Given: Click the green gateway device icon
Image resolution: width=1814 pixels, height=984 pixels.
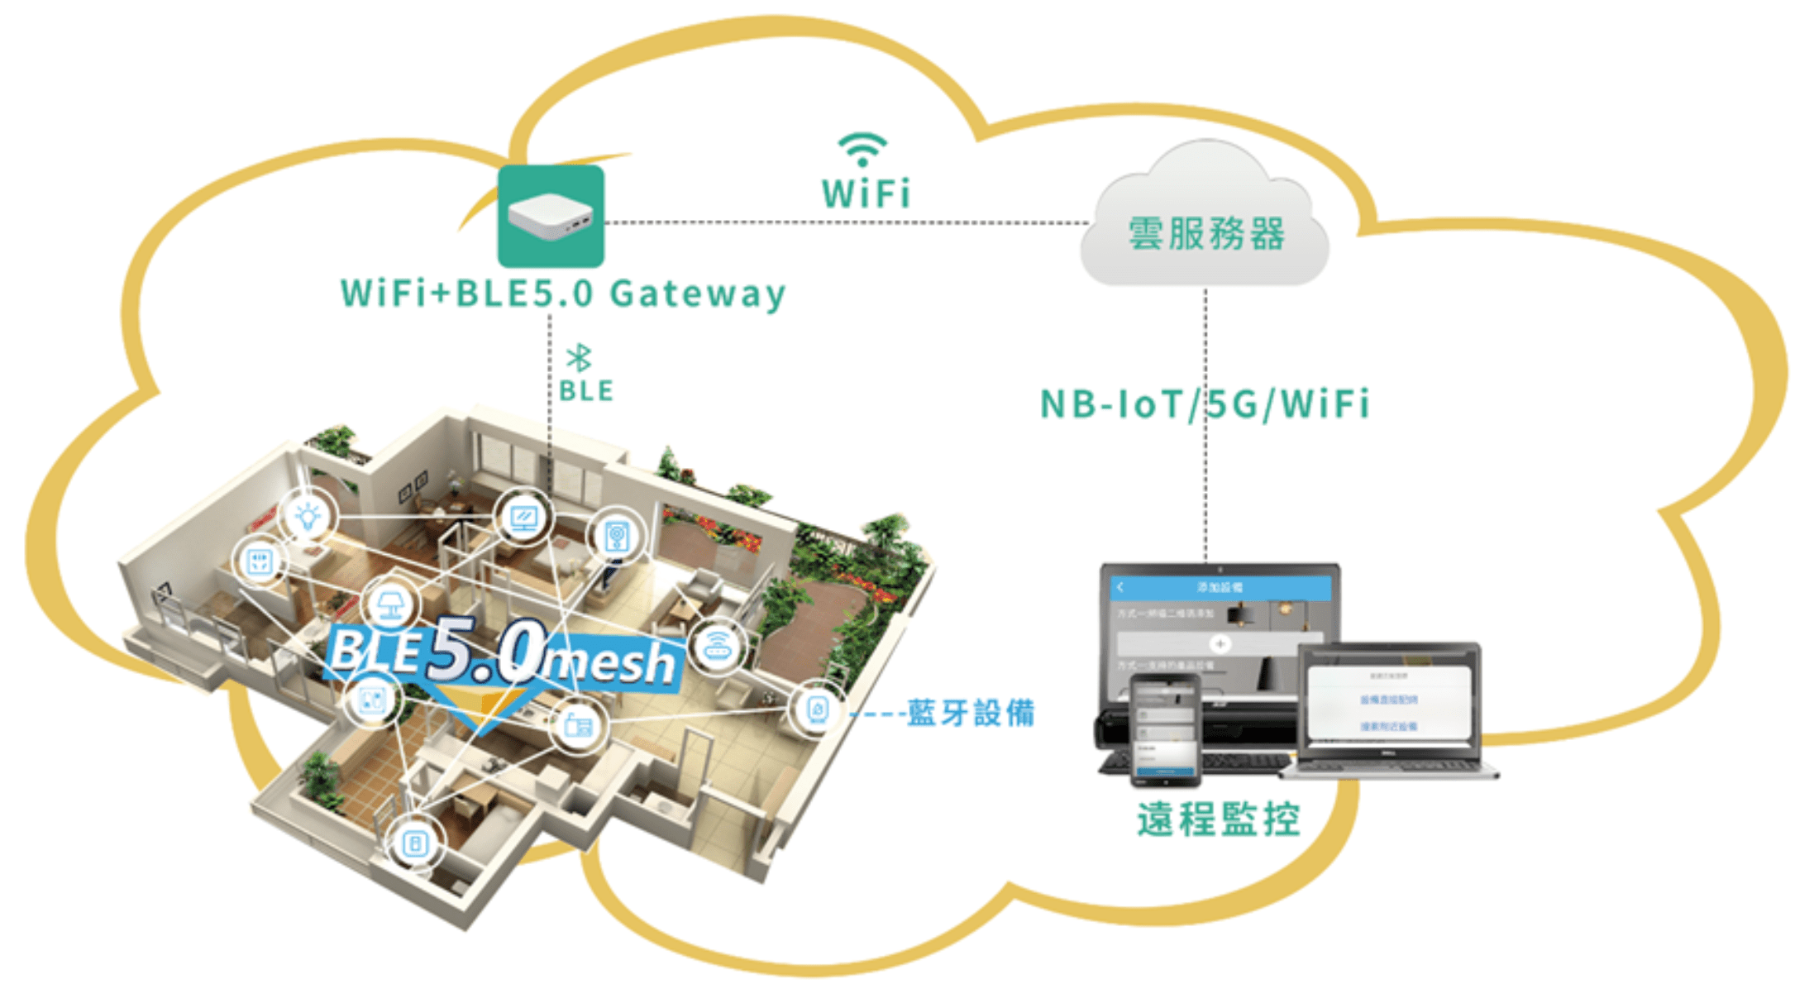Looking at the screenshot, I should tap(551, 215).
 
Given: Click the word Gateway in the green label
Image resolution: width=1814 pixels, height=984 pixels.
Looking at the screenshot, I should tap(697, 294).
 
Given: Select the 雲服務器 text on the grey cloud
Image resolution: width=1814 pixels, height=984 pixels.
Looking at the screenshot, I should tap(1206, 234).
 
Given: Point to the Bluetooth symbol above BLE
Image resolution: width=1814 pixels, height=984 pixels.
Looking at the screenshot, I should tap(579, 358).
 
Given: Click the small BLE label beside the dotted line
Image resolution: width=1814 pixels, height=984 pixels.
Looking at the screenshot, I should tap(586, 391).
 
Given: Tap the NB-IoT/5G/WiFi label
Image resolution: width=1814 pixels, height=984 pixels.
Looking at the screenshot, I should tap(1204, 404).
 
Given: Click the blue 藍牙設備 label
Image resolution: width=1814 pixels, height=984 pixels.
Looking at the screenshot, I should tap(971, 713).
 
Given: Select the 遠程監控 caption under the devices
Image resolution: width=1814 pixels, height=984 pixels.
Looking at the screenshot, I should tap(1218, 819).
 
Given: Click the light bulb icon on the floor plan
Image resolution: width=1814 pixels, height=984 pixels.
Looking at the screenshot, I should tap(308, 516).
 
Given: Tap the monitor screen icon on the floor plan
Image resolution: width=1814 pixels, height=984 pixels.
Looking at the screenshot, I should tap(523, 518).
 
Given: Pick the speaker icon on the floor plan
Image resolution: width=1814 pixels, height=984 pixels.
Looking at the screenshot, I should tap(617, 536).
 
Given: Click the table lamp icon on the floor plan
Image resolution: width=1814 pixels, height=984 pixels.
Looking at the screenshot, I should tap(389, 605).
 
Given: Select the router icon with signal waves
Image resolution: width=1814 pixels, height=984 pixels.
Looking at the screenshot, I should tap(717, 646).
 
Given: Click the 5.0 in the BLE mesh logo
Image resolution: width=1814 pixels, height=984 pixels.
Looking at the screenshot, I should tap(486, 652).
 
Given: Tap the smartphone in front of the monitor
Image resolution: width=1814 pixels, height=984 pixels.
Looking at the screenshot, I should tap(1165, 728).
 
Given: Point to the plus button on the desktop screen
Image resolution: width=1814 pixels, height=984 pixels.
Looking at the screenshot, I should tap(1220, 643).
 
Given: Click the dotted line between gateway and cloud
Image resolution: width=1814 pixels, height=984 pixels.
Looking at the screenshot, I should tap(843, 222).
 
